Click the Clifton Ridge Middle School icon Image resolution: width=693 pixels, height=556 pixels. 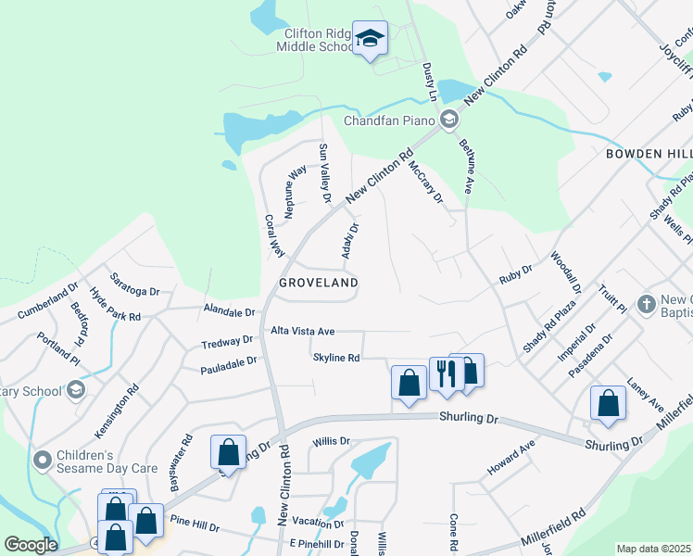pyautogui.click(x=370, y=38)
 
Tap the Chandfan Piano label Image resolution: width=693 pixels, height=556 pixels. pyautogui.click(x=389, y=120)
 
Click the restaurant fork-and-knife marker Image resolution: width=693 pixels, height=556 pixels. pyautogui.click(x=447, y=373)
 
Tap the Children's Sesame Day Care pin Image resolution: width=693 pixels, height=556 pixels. pyautogui.click(x=42, y=460)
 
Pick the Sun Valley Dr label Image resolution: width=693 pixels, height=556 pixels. pyautogui.click(x=324, y=172)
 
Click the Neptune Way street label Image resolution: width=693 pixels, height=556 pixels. pyautogui.click(x=296, y=191)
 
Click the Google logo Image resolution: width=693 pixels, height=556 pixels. pyautogui.click(x=30, y=545)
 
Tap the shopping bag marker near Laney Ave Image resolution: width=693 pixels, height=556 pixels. pyautogui.click(x=608, y=404)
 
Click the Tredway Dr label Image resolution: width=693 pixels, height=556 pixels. pyautogui.click(x=227, y=343)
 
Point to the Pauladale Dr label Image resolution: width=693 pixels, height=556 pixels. pyautogui.click(x=227, y=368)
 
